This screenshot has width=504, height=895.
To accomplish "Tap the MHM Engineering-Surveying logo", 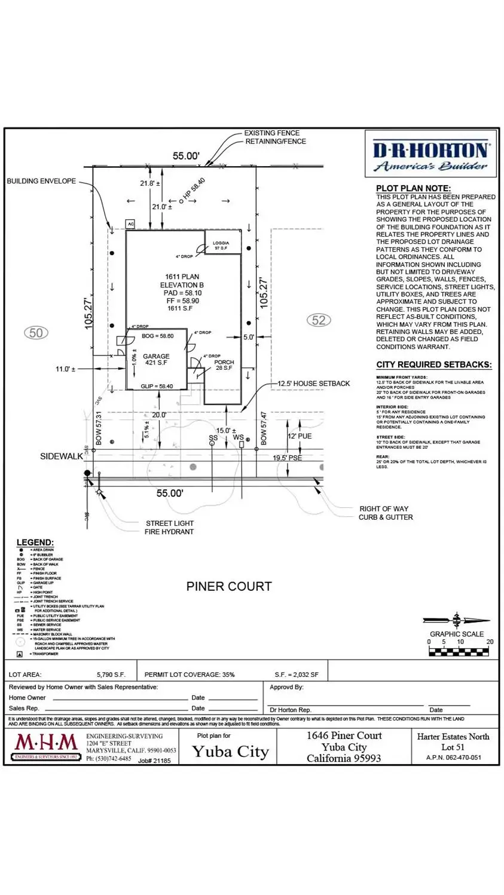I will [x=46, y=746].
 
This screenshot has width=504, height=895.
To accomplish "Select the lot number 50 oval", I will [x=36, y=333].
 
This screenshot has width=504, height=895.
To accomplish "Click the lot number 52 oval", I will [x=319, y=320].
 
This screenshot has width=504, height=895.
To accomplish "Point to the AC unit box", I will [x=130, y=224].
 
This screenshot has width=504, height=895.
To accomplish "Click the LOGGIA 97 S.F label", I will [x=221, y=245].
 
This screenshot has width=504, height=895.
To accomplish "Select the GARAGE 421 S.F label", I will [x=156, y=359].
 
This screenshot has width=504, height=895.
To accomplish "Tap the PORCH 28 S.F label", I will [x=224, y=365].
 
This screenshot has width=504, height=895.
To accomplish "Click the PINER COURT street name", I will [x=228, y=586].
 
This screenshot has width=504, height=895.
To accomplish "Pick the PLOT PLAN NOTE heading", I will [x=413, y=188].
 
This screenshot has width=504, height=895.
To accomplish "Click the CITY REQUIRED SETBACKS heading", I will [x=434, y=364].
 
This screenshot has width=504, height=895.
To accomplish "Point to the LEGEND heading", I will [x=35, y=542].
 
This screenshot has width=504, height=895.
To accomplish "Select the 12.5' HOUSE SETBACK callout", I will [x=313, y=384].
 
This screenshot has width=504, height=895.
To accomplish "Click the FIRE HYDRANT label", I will [x=169, y=531].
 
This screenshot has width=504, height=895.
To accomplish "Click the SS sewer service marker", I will [x=213, y=439].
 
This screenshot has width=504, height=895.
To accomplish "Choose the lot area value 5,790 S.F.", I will [x=111, y=675].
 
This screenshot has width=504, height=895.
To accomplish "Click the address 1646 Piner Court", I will [x=344, y=735].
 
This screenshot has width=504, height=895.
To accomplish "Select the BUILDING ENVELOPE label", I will [x=41, y=181].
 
